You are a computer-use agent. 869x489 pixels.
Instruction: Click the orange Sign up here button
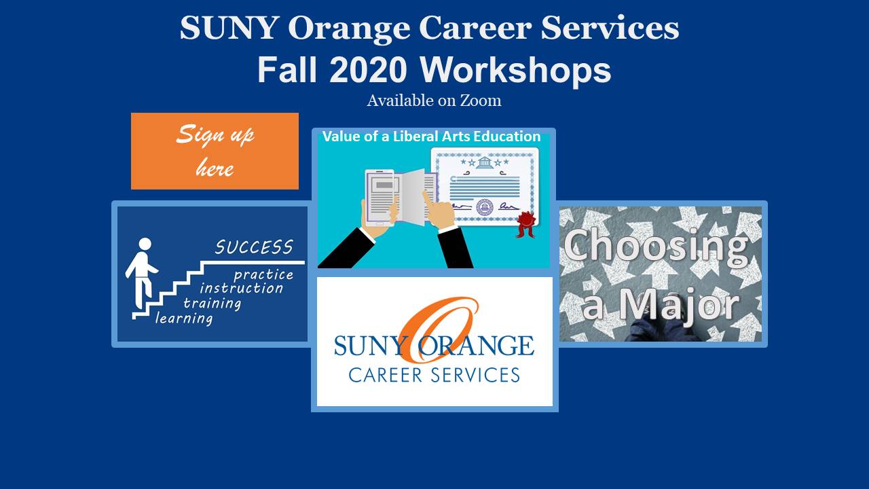pos(215,151)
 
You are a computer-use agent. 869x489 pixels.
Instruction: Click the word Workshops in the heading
pos(515,70)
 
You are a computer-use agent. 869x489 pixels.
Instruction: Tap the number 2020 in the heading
pos(369,70)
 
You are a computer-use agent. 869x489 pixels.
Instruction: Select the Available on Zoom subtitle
pos(434,101)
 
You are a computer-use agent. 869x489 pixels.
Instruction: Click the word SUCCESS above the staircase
pos(254,247)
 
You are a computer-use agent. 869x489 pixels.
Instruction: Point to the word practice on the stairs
pos(263,275)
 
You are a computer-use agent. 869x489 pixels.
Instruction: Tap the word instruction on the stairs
pos(241,289)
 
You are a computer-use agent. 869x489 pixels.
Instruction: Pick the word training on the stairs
pos(212,304)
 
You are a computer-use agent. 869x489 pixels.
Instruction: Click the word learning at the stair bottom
pos(184,319)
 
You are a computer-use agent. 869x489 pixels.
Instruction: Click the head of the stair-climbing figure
pos(145,244)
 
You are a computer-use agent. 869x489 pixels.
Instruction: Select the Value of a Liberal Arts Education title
pos(431,137)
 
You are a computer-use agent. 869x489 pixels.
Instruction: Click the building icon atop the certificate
pos(484,162)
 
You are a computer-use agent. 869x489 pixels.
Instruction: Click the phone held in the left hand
pos(379,198)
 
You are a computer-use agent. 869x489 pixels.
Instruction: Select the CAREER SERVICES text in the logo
pos(434,376)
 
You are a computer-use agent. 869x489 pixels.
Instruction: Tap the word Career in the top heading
pos(475,28)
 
